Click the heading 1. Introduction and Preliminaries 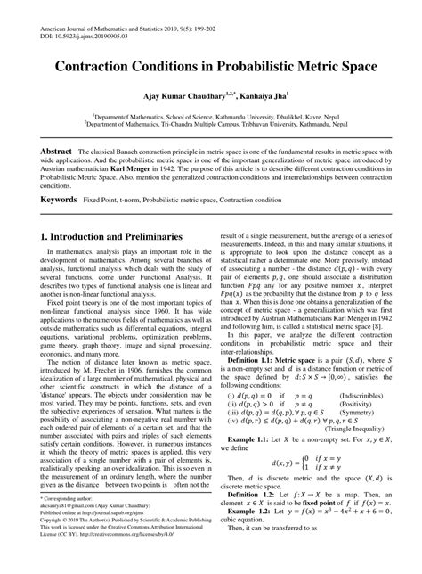[x=110, y=237]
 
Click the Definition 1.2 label [x=255, y=492]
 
